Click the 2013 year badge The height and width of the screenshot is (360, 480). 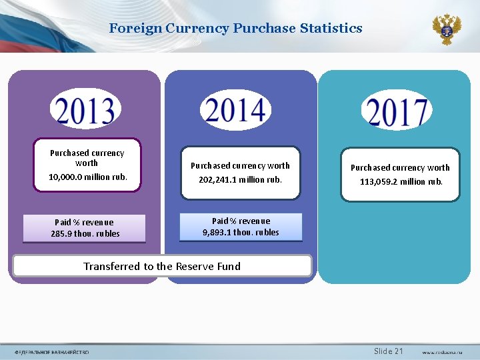click(85, 110)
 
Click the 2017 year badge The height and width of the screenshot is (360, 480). click(396, 111)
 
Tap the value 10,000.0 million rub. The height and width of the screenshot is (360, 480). click(87, 177)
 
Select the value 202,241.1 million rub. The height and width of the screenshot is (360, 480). click(241, 179)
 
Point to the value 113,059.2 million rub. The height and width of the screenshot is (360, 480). click(401, 181)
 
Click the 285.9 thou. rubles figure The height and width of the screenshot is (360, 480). click(85, 234)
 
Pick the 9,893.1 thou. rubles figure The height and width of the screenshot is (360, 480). click(241, 233)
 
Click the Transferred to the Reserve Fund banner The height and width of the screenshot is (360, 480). click(162, 266)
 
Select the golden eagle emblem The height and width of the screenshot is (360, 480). click(446, 29)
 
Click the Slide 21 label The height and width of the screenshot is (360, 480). click(389, 351)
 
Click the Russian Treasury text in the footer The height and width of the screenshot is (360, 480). click(52, 352)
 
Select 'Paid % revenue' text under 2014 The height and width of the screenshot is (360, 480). click(241, 221)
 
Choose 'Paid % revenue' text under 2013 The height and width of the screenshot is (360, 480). click(84, 223)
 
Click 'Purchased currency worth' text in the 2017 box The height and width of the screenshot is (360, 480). click(400, 168)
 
